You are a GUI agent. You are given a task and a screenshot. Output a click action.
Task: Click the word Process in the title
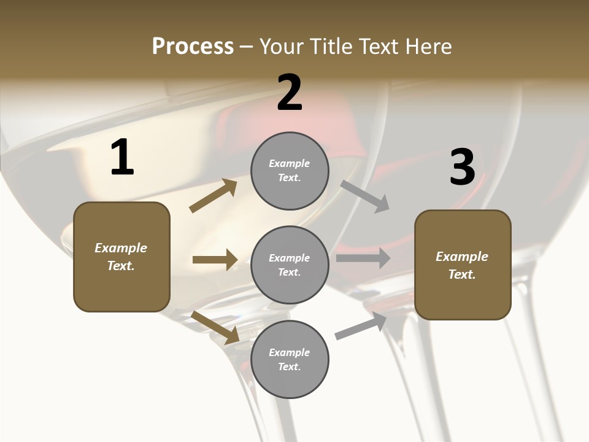(x=193, y=47)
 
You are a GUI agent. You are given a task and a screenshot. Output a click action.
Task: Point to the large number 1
(x=122, y=158)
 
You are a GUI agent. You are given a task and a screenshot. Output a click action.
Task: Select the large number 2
(x=290, y=93)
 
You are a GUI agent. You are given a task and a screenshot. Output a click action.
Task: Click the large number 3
(x=463, y=168)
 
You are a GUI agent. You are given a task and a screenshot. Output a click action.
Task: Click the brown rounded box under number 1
(x=121, y=257)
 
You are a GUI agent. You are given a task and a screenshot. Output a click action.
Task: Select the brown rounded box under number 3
(x=463, y=265)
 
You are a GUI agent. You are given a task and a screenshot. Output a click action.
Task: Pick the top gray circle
(x=290, y=171)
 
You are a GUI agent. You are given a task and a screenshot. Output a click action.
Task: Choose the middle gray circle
(x=290, y=265)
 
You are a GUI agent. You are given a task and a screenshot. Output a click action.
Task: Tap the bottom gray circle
(x=290, y=360)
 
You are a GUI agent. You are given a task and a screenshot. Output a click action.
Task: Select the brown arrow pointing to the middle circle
(x=215, y=260)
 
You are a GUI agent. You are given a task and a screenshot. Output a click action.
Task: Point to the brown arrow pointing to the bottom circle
(x=215, y=327)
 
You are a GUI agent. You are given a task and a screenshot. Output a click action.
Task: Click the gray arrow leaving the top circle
(x=365, y=196)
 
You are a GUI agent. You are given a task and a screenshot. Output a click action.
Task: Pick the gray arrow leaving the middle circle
(x=363, y=258)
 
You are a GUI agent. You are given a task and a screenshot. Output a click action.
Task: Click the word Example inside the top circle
(x=290, y=163)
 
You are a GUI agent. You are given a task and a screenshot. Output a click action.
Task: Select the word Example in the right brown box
(x=462, y=257)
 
